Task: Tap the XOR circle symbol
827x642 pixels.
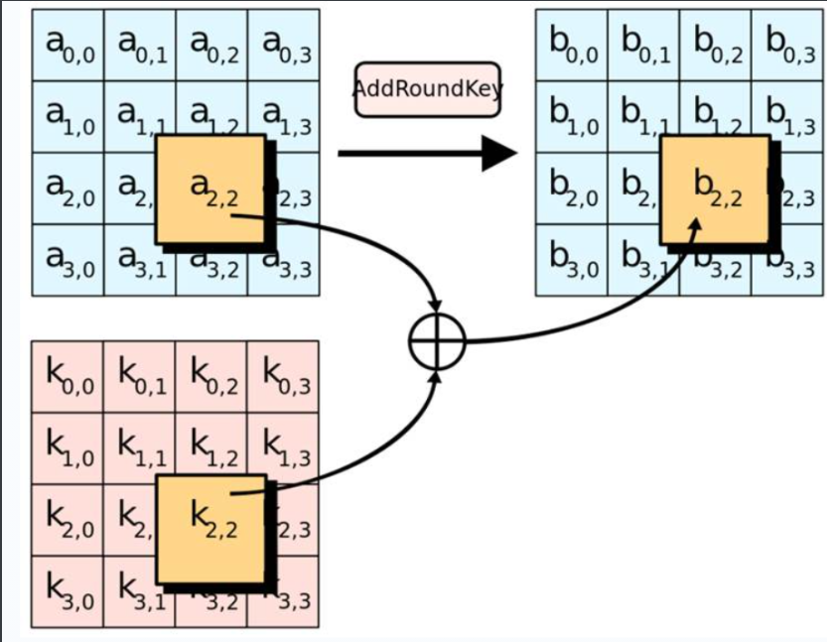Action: [437, 342]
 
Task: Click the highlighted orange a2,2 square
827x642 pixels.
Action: [210, 189]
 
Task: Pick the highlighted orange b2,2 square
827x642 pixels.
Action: [715, 189]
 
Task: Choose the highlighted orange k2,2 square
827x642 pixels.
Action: [210, 528]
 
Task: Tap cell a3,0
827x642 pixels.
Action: [68, 260]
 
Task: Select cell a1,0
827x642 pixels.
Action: [68, 117]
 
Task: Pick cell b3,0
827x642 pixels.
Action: [571, 260]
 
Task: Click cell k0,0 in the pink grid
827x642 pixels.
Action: [68, 377]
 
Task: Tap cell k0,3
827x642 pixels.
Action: [283, 377]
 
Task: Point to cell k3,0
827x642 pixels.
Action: [68, 592]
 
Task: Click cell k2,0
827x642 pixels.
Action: [68, 521]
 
